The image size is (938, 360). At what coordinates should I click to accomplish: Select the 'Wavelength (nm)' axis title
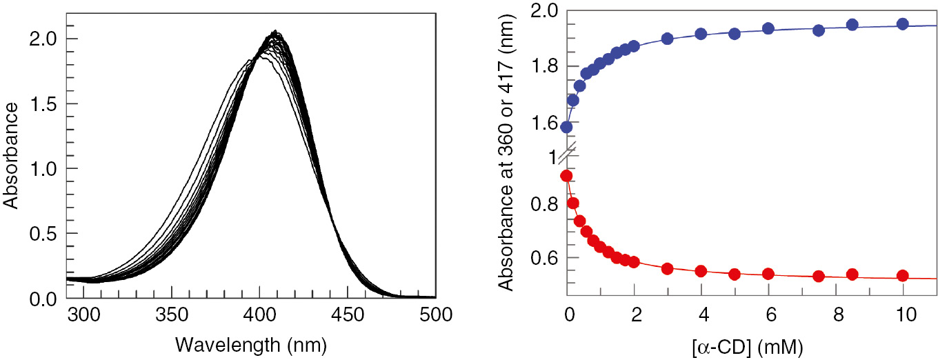[251, 343]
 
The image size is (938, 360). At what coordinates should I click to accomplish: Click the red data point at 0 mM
[567, 176]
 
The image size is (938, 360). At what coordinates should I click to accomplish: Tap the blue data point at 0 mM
[567, 127]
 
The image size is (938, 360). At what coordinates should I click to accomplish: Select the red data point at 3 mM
[667, 268]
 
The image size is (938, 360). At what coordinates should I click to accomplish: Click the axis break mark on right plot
[568, 148]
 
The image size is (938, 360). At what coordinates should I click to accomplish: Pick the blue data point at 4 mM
[701, 34]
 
